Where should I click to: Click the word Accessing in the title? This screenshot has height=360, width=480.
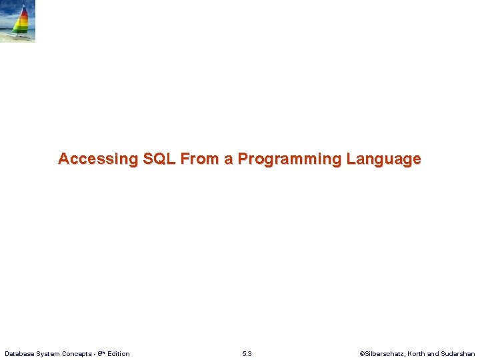click(97, 159)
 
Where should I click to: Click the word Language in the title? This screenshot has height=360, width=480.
click(383, 159)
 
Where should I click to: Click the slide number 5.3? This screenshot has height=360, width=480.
click(247, 353)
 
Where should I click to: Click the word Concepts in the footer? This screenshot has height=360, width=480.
click(78, 353)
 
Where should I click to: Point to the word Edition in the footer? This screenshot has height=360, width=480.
click(118, 353)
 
